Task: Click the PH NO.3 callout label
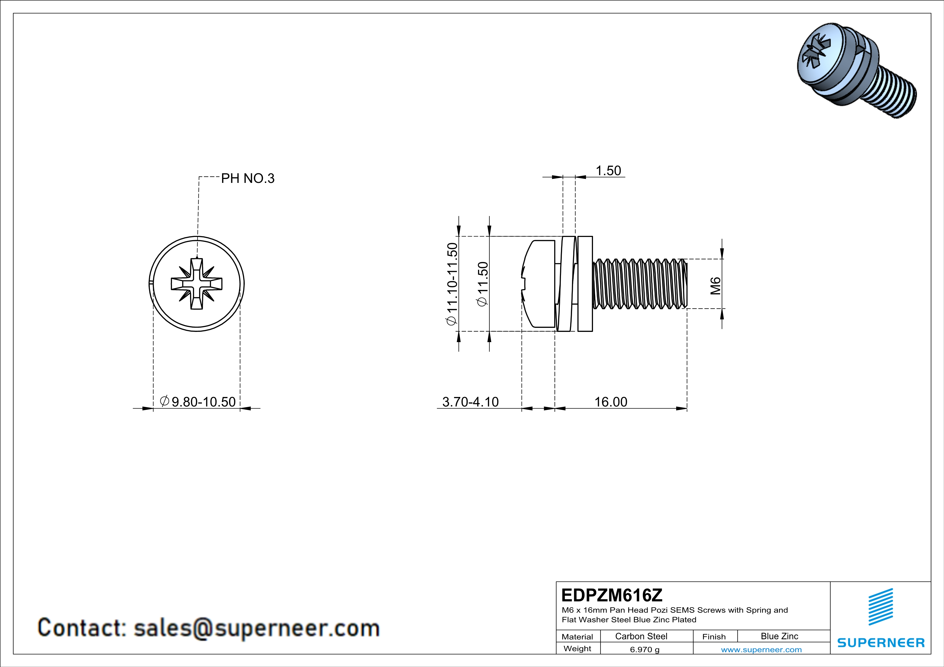[x=248, y=178]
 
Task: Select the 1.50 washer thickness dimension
[x=608, y=171]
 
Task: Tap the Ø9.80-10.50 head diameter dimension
[x=198, y=401]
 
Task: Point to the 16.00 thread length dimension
[x=611, y=402]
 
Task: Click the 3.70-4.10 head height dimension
[x=470, y=402]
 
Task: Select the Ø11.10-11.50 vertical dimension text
[x=452, y=284]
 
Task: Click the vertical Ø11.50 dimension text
[x=482, y=284]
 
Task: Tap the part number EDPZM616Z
[x=612, y=595]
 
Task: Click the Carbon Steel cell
[x=641, y=636]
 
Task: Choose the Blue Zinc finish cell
[x=779, y=636]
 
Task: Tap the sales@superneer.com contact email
[x=257, y=628]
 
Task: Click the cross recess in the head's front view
[x=196, y=284]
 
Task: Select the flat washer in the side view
[x=585, y=284]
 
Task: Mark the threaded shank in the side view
[x=639, y=284]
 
